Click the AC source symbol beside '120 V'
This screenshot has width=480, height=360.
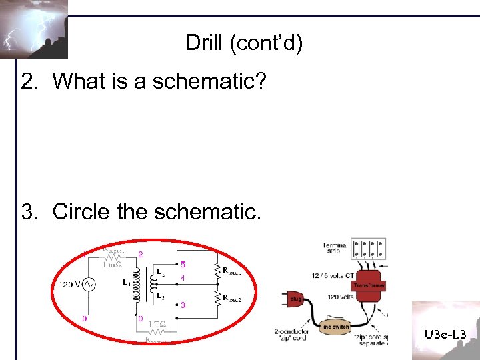[x=87, y=285]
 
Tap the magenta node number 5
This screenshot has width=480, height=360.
[x=183, y=264]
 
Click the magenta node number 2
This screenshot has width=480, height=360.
[x=140, y=254]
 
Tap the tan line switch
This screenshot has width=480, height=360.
[x=335, y=326]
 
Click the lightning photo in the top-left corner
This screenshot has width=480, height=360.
[x=33, y=29]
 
